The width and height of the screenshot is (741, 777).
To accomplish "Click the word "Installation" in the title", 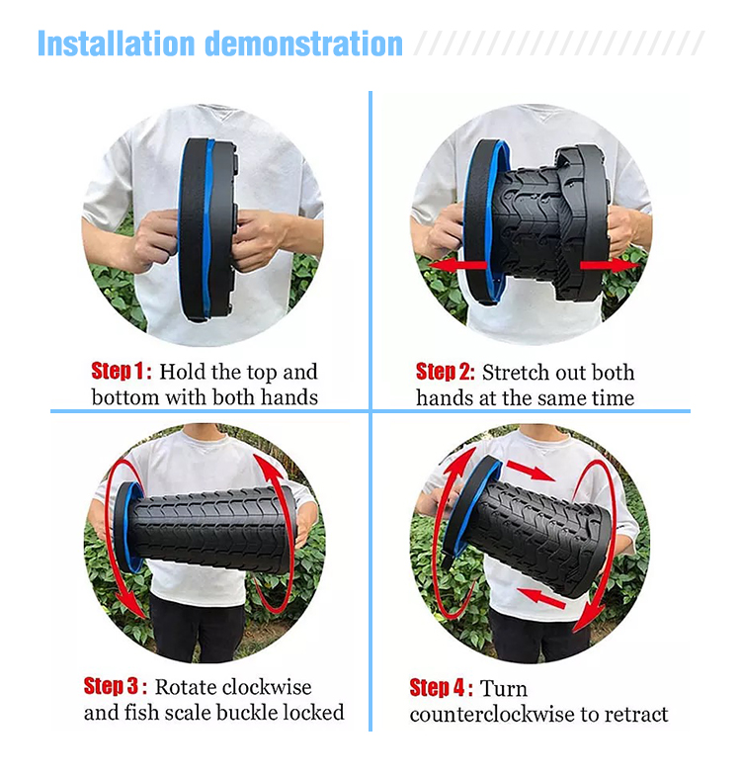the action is (x=116, y=43).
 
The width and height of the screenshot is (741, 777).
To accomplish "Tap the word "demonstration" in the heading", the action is (x=303, y=43).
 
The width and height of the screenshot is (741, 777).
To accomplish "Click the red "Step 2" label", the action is (x=446, y=372).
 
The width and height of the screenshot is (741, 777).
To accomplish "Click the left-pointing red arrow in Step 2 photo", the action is (x=457, y=266).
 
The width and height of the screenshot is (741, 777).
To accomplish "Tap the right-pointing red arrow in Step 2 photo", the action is (x=610, y=265).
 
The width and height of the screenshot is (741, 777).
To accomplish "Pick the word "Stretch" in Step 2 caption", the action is (x=514, y=373).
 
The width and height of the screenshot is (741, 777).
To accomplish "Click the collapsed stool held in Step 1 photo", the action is (x=207, y=230).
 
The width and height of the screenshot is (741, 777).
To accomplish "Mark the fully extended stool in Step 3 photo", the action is (x=206, y=528).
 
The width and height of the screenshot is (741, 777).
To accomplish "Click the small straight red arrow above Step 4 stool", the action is (x=530, y=471).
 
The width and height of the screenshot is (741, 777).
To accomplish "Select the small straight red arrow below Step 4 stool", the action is (x=540, y=598).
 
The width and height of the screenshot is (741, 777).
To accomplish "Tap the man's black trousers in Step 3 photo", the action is (x=198, y=629).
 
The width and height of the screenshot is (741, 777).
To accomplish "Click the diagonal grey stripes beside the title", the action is (x=559, y=43).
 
